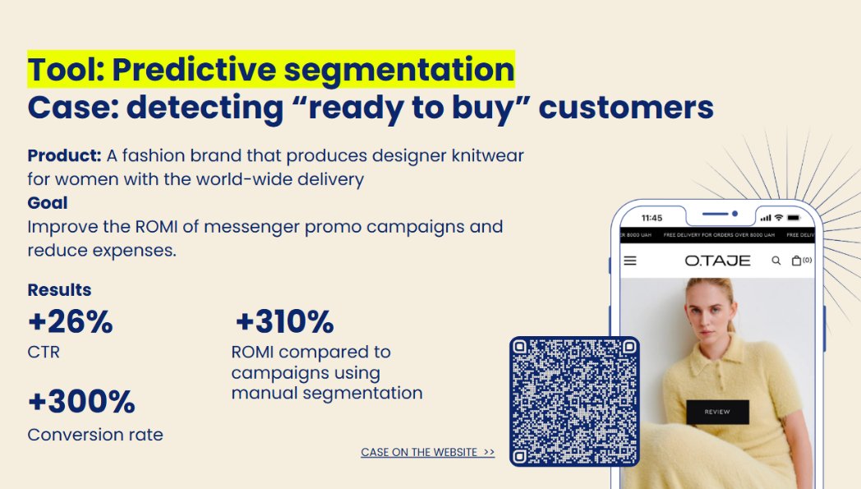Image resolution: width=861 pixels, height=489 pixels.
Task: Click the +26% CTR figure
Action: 71,322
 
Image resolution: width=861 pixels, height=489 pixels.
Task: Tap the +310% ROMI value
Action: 284,322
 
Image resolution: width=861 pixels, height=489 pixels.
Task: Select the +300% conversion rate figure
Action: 81,402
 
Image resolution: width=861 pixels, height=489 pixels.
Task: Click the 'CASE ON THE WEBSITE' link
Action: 428,452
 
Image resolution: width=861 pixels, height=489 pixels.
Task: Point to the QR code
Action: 574,402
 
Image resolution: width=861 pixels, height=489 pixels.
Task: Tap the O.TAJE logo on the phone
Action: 717,261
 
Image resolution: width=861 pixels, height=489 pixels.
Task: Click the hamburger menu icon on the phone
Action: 630,261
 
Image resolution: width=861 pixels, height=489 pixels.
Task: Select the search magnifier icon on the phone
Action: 776,261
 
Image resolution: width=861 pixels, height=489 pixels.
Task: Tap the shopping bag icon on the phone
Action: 796,261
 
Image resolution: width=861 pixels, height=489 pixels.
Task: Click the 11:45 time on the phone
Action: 652,218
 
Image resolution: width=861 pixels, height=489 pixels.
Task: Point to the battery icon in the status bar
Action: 794,218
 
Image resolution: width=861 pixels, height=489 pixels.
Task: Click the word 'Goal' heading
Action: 48,203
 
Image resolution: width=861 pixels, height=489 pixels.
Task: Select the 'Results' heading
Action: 59,289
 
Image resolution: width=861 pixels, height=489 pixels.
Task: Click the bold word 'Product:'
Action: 65,155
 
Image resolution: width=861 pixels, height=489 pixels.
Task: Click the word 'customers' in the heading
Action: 627,107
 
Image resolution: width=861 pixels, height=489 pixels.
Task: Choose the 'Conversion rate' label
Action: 95,435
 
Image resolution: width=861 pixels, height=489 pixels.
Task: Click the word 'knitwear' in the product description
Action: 488,155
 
